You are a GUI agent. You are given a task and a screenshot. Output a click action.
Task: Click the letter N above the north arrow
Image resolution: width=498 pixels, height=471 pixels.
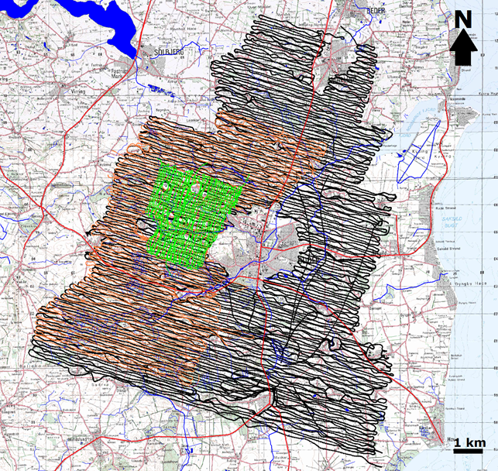coord(462,19)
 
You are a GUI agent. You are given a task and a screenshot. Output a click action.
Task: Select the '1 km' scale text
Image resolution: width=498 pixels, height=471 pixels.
coord(470,442)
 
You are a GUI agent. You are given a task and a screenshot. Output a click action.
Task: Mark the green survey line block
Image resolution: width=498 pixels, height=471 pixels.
coord(194,213)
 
